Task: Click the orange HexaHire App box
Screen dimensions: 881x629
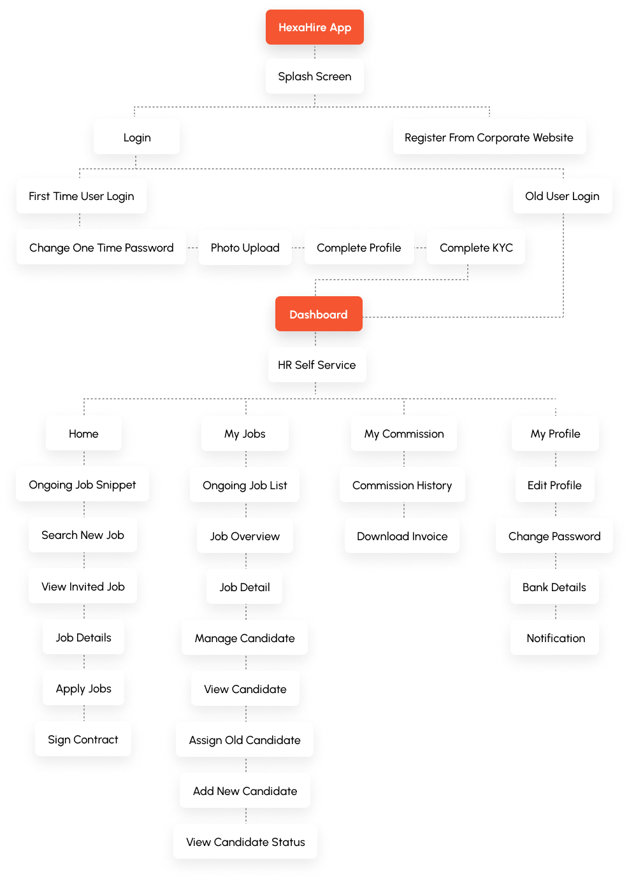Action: [x=315, y=27]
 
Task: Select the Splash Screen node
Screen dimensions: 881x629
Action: [x=315, y=76]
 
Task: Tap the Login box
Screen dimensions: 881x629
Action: [x=137, y=138]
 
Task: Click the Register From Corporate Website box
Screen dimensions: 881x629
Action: [x=489, y=138]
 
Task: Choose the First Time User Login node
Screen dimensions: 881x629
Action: [x=82, y=196]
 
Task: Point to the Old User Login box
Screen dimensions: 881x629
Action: [x=562, y=196]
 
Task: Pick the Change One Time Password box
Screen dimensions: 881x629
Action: [x=101, y=248]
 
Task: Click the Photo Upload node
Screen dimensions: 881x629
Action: [x=245, y=248]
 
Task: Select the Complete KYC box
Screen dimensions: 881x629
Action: [x=476, y=248]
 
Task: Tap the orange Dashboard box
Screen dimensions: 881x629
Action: [x=319, y=315]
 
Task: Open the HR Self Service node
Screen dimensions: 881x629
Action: [x=317, y=365]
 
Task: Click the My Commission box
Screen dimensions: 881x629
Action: [x=404, y=434]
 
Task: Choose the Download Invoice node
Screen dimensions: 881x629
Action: [x=402, y=536]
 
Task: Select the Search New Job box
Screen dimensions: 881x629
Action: [x=83, y=535]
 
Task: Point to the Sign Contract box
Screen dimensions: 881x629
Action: [x=83, y=740]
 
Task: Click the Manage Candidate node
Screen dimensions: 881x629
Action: [x=245, y=638]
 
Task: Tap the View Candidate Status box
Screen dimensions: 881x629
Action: [x=245, y=842]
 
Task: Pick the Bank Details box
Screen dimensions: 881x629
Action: [x=554, y=587]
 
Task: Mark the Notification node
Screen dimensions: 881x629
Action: [x=556, y=638]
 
